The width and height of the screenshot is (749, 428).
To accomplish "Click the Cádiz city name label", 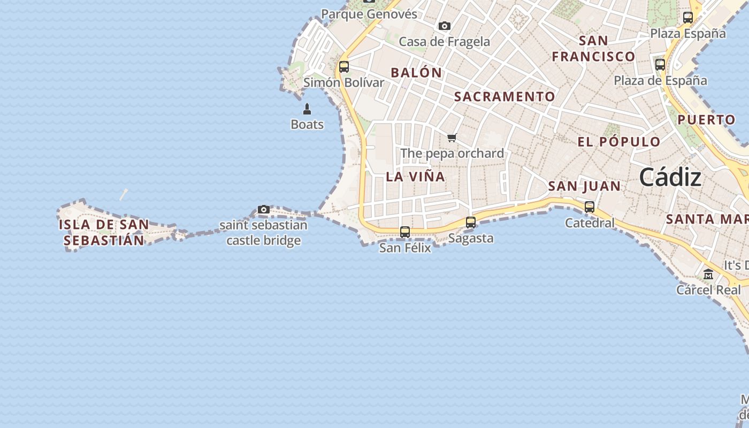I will pyautogui.click(x=670, y=177).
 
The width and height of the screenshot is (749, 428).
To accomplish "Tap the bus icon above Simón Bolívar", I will pyautogui.click(x=344, y=67).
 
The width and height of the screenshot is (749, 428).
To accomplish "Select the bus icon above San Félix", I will pyautogui.click(x=405, y=232).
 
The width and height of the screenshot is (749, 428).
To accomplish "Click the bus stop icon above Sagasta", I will pyautogui.click(x=471, y=222).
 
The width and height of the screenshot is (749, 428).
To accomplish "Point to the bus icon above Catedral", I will pyautogui.click(x=590, y=207).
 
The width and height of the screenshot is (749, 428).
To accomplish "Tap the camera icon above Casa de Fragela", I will pyautogui.click(x=444, y=26).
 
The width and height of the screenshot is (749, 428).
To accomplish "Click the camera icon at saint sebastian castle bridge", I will pyautogui.click(x=263, y=209).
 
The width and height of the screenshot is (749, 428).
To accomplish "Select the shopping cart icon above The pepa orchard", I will pyautogui.click(x=452, y=138).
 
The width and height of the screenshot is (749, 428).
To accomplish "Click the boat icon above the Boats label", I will pyautogui.click(x=307, y=109).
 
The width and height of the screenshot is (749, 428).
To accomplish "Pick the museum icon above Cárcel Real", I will pyautogui.click(x=708, y=274).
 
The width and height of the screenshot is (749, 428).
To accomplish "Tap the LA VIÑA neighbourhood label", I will pyautogui.click(x=415, y=177).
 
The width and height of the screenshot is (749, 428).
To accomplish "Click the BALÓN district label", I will pyautogui.click(x=416, y=73).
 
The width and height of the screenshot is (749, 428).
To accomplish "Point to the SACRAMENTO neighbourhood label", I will pyautogui.click(x=505, y=96).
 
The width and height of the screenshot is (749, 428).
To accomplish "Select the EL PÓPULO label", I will pyautogui.click(x=619, y=142).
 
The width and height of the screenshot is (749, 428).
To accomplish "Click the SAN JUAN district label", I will pyautogui.click(x=584, y=186).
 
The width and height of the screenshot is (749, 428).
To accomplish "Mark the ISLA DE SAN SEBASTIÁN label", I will pyautogui.click(x=104, y=232).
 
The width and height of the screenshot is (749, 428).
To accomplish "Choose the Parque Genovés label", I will pyautogui.click(x=369, y=14).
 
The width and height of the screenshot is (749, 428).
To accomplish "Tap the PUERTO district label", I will pyautogui.click(x=706, y=120).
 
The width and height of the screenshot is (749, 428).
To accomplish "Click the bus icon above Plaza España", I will pyautogui.click(x=688, y=18).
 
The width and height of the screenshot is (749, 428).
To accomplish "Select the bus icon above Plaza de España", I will pyautogui.click(x=660, y=65).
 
